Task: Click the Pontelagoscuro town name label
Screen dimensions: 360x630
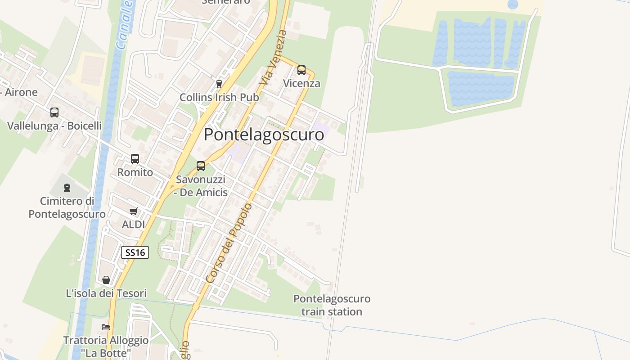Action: (264, 135)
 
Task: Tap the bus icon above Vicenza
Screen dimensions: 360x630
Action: (301, 70)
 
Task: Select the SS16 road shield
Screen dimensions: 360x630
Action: (135, 252)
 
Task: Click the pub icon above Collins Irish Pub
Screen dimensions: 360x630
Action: (219, 84)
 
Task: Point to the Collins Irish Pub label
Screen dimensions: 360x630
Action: (219, 97)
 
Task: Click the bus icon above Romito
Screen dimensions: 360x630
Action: (135, 158)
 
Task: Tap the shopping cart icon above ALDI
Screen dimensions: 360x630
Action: (133, 211)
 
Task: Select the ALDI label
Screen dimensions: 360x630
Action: (133, 224)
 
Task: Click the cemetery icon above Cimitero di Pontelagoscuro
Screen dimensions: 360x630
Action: (67, 188)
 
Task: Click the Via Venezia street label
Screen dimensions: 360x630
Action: (273, 57)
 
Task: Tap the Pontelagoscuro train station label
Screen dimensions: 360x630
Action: (332, 305)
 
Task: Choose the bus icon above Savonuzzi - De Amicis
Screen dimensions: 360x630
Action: (201, 166)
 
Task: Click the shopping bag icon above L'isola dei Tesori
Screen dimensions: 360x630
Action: (106, 280)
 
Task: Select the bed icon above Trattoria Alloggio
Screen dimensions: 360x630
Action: (106, 327)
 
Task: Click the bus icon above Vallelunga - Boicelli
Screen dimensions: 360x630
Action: (54, 112)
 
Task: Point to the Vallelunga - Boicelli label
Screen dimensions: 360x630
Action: (54, 126)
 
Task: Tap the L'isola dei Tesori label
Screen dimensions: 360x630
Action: (106, 293)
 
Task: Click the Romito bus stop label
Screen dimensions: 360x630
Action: (135, 172)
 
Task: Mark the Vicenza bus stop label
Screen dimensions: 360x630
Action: (301, 83)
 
